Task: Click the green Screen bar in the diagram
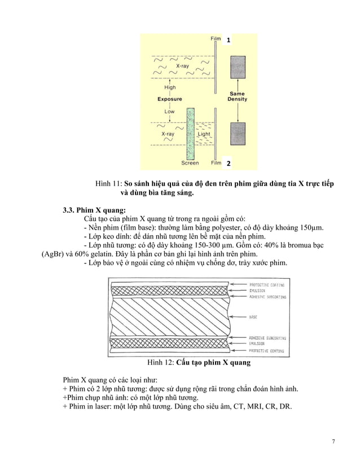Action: [190, 134]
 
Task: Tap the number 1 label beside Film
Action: [229, 41]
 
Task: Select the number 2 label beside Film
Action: [229, 164]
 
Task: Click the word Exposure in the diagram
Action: [169, 99]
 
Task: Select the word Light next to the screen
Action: [204, 134]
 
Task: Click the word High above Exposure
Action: [169, 87]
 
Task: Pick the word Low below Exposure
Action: [169, 112]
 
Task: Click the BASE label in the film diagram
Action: [254, 318]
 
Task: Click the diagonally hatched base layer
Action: [169, 318]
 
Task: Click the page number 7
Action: [333, 441]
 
